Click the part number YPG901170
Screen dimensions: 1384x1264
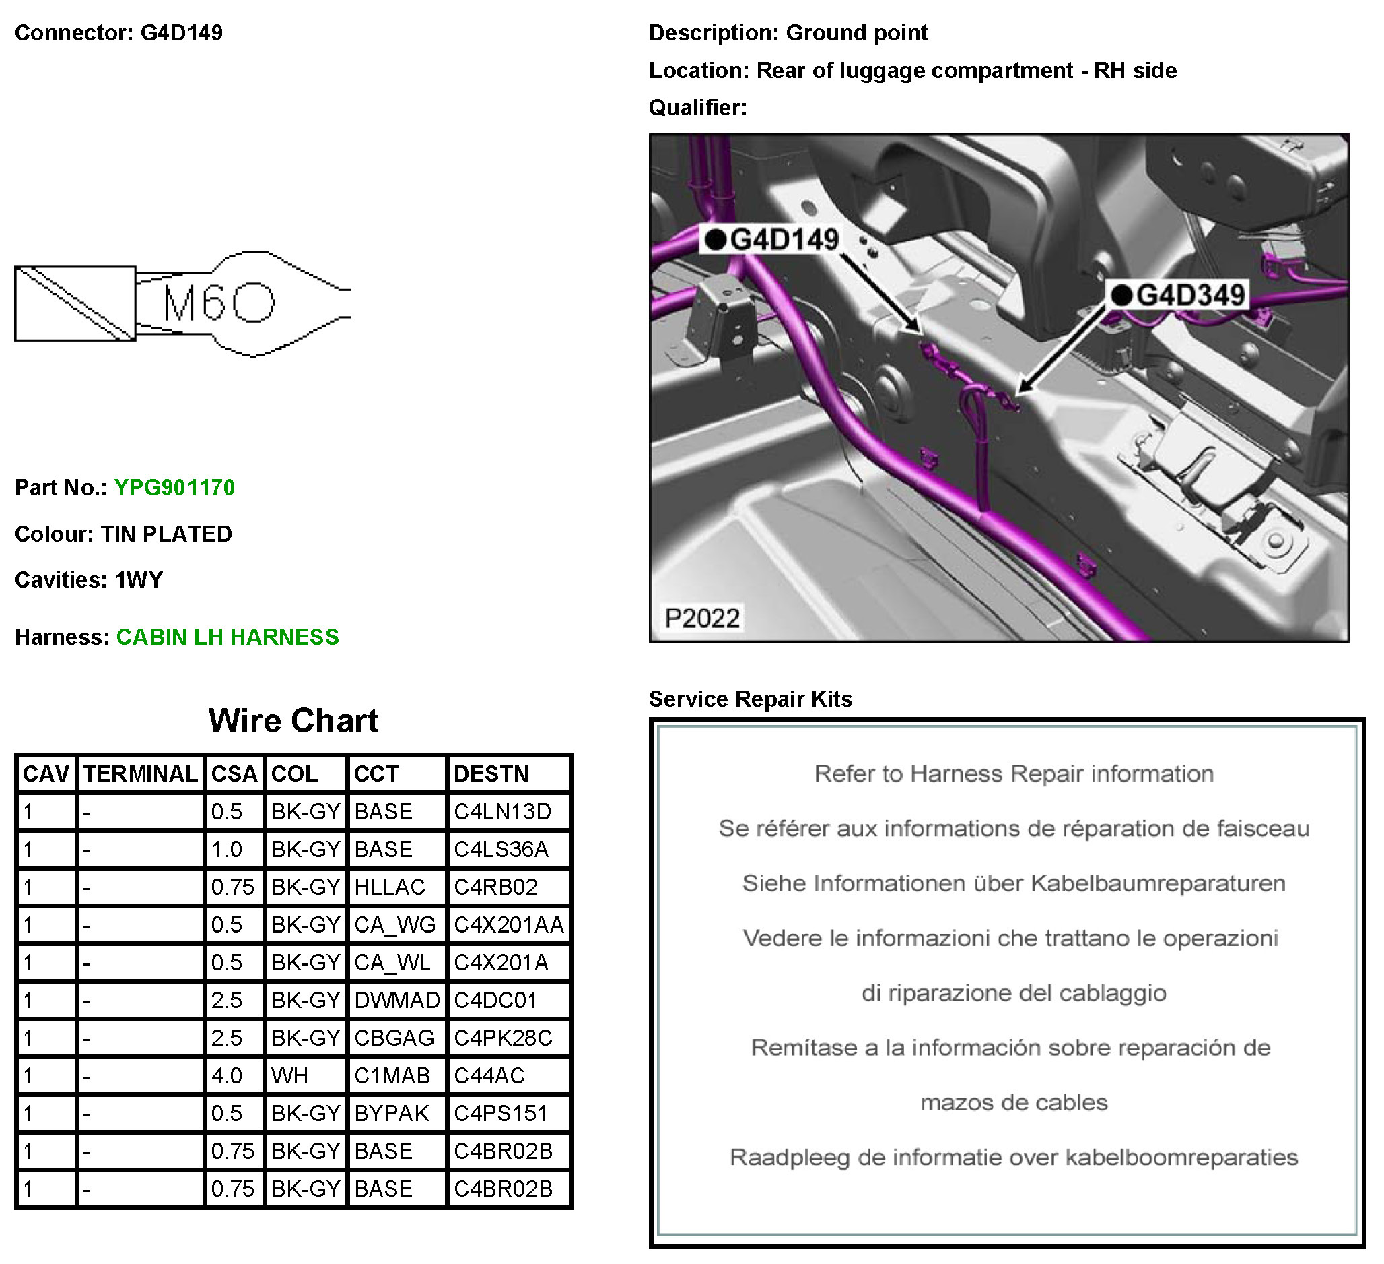pos(174,488)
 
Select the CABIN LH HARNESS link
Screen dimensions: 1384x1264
pos(228,637)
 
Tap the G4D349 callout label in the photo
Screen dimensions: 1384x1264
pos(1189,295)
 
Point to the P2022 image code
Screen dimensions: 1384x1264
pos(701,619)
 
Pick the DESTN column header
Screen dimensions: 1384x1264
pos(491,774)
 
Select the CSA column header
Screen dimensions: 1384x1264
pos(234,774)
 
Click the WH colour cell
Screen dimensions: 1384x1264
pos(289,1076)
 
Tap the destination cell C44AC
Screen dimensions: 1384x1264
pos(489,1076)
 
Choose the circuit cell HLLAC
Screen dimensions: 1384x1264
pos(389,887)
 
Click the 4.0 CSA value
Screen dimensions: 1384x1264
pos(227,1076)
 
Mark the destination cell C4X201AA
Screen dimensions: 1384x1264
pos(508,925)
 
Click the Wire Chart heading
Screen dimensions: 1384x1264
pos(293,722)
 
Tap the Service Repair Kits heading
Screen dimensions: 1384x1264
pos(751,699)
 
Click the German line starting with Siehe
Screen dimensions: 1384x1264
pos(1013,883)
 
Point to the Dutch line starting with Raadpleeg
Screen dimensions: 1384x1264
pos(1013,1158)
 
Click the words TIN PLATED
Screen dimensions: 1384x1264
pos(166,534)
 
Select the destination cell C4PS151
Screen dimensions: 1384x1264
pos(499,1114)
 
